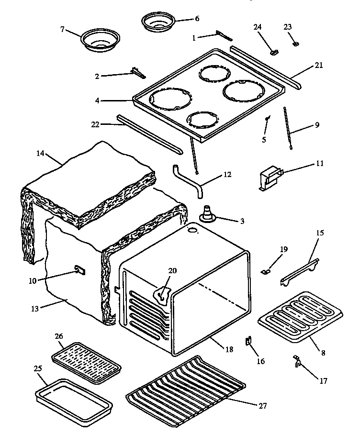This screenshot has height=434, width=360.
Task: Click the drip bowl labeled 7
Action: point(100,40)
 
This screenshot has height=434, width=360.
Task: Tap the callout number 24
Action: point(258,27)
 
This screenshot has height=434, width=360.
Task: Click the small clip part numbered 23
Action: point(296,44)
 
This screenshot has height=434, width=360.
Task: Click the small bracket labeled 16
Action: point(248,342)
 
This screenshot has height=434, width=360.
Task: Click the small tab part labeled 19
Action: point(267,271)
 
